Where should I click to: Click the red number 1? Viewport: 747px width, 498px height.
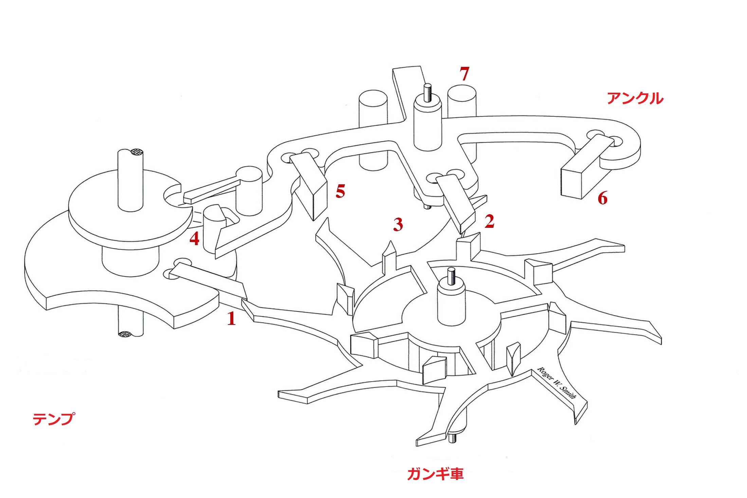click(231, 318)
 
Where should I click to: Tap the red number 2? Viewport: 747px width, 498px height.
click(489, 221)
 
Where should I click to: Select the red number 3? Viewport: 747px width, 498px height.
click(398, 224)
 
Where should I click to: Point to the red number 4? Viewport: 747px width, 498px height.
click(194, 239)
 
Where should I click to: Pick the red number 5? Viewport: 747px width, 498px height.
click(340, 192)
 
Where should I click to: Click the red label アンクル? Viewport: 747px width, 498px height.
click(635, 98)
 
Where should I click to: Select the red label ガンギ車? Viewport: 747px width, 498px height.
click(435, 474)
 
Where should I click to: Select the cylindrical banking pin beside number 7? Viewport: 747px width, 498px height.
click(462, 102)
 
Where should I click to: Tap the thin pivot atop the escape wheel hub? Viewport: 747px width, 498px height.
click(451, 276)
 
